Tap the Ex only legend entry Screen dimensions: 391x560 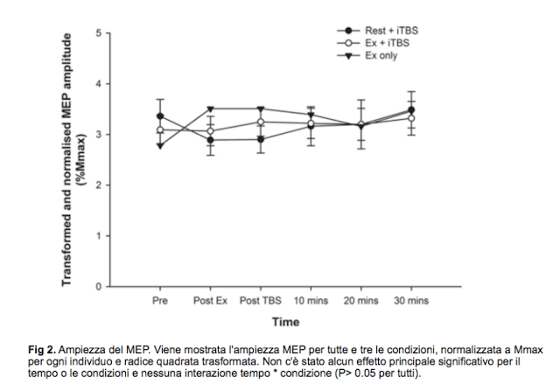click(x=381, y=54)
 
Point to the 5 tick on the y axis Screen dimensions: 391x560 click(x=100, y=33)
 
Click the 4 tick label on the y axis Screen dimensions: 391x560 click(x=100, y=84)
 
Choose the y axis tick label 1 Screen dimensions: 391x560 click(x=100, y=236)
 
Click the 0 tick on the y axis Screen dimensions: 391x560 click(x=100, y=286)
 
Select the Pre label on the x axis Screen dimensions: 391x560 click(x=160, y=300)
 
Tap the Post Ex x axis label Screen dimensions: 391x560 click(x=210, y=300)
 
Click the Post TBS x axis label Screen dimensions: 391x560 click(x=260, y=300)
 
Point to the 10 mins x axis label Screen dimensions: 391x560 click(x=311, y=300)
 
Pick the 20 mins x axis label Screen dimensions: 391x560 click(x=360, y=300)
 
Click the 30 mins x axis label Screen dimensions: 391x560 click(x=411, y=300)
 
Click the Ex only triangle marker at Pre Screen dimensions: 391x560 click(x=160, y=146)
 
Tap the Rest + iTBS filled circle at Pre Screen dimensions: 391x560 click(x=160, y=116)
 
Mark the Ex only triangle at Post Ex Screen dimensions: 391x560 click(x=210, y=109)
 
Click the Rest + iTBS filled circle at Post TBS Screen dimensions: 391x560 click(x=260, y=139)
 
